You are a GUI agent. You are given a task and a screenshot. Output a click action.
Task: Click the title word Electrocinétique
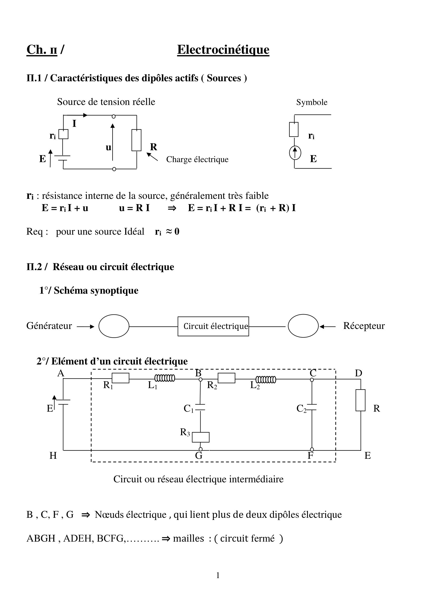(223, 50)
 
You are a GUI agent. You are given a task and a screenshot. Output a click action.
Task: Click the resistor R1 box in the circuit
(120, 378)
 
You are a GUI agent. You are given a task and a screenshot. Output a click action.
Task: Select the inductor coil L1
(164, 378)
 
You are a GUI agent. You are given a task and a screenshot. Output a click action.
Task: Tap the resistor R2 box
(226, 378)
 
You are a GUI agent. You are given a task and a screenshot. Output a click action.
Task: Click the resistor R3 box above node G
(201, 437)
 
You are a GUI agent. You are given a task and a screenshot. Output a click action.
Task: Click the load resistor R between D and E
(361, 400)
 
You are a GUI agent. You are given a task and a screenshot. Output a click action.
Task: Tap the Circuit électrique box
(213, 326)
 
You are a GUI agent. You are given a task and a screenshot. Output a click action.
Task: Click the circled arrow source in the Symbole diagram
(295, 153)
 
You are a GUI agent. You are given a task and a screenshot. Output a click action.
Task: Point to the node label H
(53, 456)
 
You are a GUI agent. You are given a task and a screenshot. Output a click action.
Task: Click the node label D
(359, 373)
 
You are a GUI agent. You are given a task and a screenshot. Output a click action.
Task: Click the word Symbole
(312, 102)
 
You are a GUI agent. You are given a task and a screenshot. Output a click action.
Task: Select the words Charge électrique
(197, 159)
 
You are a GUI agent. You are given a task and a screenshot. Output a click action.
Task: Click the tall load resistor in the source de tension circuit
(136, 140)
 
